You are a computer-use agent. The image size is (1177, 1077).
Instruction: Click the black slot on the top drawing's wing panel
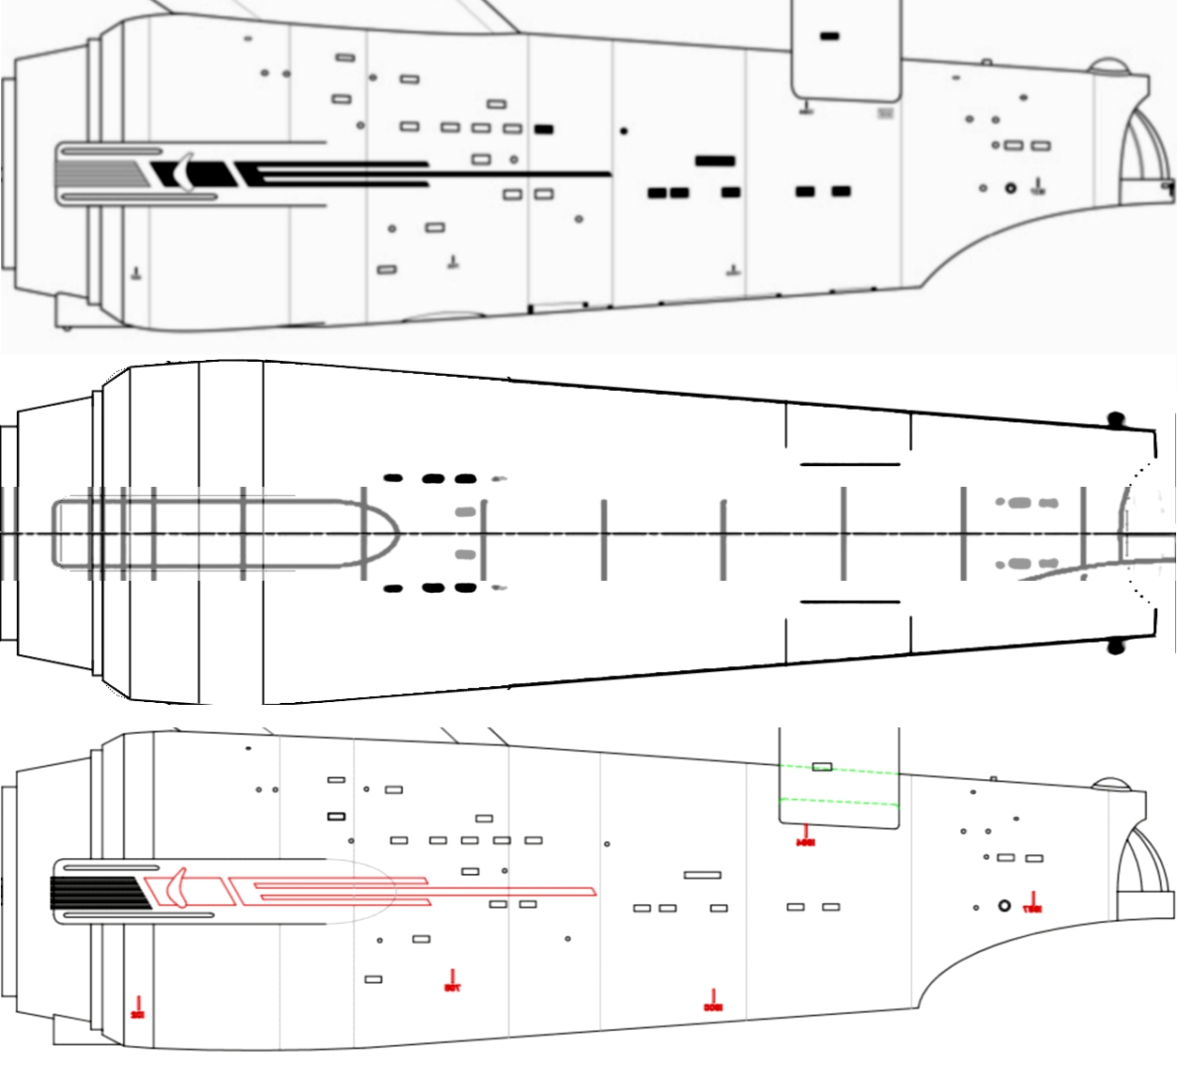(830, 36)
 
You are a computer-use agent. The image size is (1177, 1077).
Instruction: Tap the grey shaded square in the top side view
(885, 113)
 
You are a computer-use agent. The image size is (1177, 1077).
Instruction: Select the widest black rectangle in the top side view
(715, 161)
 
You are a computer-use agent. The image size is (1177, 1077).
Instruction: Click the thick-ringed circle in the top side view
(1011, 188)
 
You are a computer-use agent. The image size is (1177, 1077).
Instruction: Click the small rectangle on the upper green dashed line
(822, 767)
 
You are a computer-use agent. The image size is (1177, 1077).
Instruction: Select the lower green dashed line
(839, 803)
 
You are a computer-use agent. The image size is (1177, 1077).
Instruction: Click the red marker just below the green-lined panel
(805, 835)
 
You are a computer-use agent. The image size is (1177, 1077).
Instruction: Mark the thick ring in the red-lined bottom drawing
(1004, 906)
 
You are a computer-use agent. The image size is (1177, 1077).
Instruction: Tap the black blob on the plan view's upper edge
(1115, 419)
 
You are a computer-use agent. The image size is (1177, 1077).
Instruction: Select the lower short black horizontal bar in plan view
(850, 601)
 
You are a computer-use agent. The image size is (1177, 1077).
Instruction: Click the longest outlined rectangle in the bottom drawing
(703, 875)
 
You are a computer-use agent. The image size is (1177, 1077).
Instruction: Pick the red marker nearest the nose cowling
(138, 1008)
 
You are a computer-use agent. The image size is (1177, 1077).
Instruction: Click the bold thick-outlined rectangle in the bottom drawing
(336, 816)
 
